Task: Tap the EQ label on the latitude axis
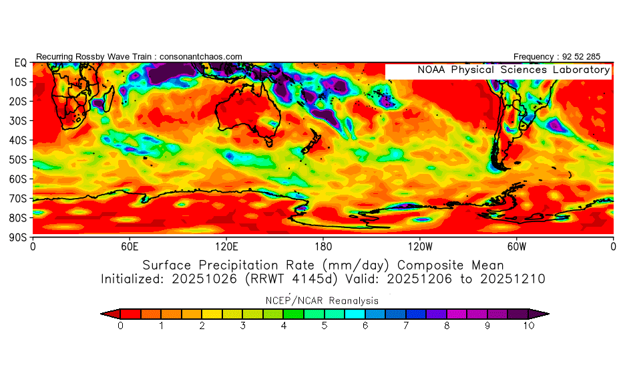(x=20, y=63)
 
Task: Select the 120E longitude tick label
(x=226, y=246)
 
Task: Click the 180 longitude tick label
(x=323, y=246)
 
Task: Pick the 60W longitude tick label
(x=516, y=246)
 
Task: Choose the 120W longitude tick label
(x=419, y=246)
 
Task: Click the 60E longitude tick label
(x=130, y=246)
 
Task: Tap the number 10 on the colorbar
(x=528, y=326)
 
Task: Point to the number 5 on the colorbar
(x=325, y=326)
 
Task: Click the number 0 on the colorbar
(x=120, y=326)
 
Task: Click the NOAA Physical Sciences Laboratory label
(x=513, y=70)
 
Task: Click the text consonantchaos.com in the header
(x=200, y=57)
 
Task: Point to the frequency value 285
(x=592, y=57)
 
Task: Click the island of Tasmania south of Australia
(x=269, y=142)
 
